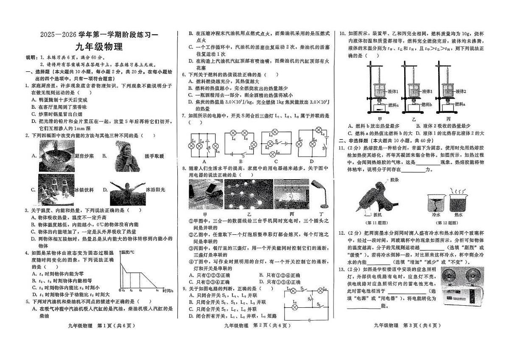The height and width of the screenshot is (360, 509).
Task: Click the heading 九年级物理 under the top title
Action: coord(98,47)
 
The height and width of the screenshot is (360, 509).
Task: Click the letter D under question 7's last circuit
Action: coord(312,161)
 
